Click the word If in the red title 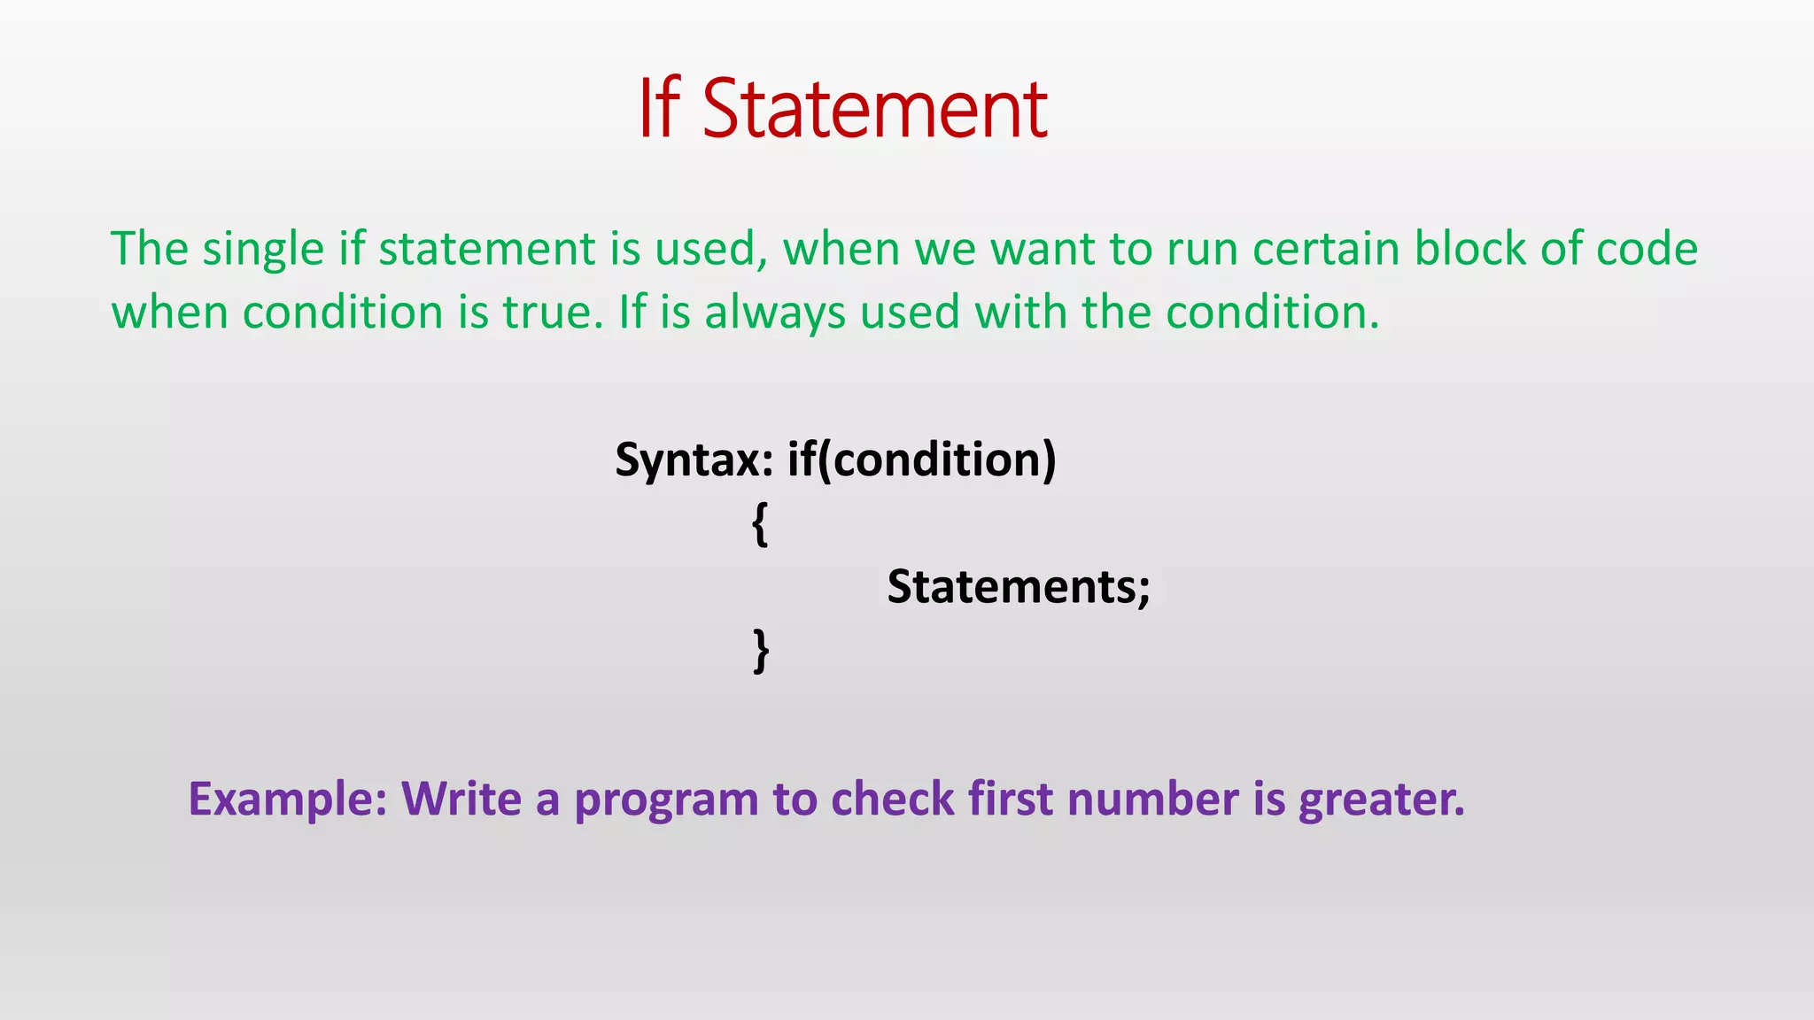(x=659, y=110)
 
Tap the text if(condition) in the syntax (x=921, y=460)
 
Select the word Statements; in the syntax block (x=1019, y=586)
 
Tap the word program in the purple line (x=667, y=800)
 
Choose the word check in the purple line (x=892, y=799)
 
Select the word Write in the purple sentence (x=461, y=799)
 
